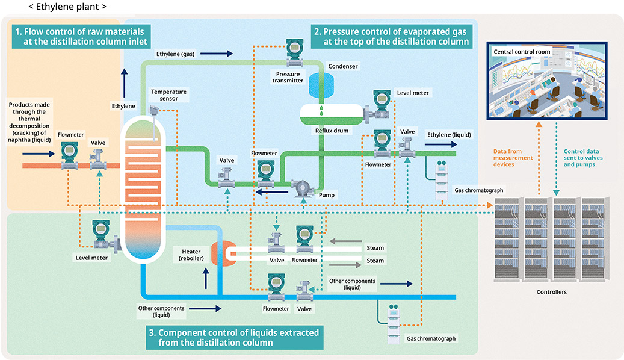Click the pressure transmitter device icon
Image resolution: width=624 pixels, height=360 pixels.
pyautogui.click(x=294, y=53)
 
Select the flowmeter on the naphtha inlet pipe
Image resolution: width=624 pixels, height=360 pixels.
pyautogui.click(x=69, y=153)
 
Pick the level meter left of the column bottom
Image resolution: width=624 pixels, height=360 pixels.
pyautogui.click(x=102, y=237)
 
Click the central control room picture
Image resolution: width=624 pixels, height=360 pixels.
pyautogui.click(x=546, y=82)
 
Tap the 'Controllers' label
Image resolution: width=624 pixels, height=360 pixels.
pyautogui.click(x=551, y=292)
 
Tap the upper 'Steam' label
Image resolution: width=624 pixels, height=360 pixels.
pyautogui.click(x=375, y=248)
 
